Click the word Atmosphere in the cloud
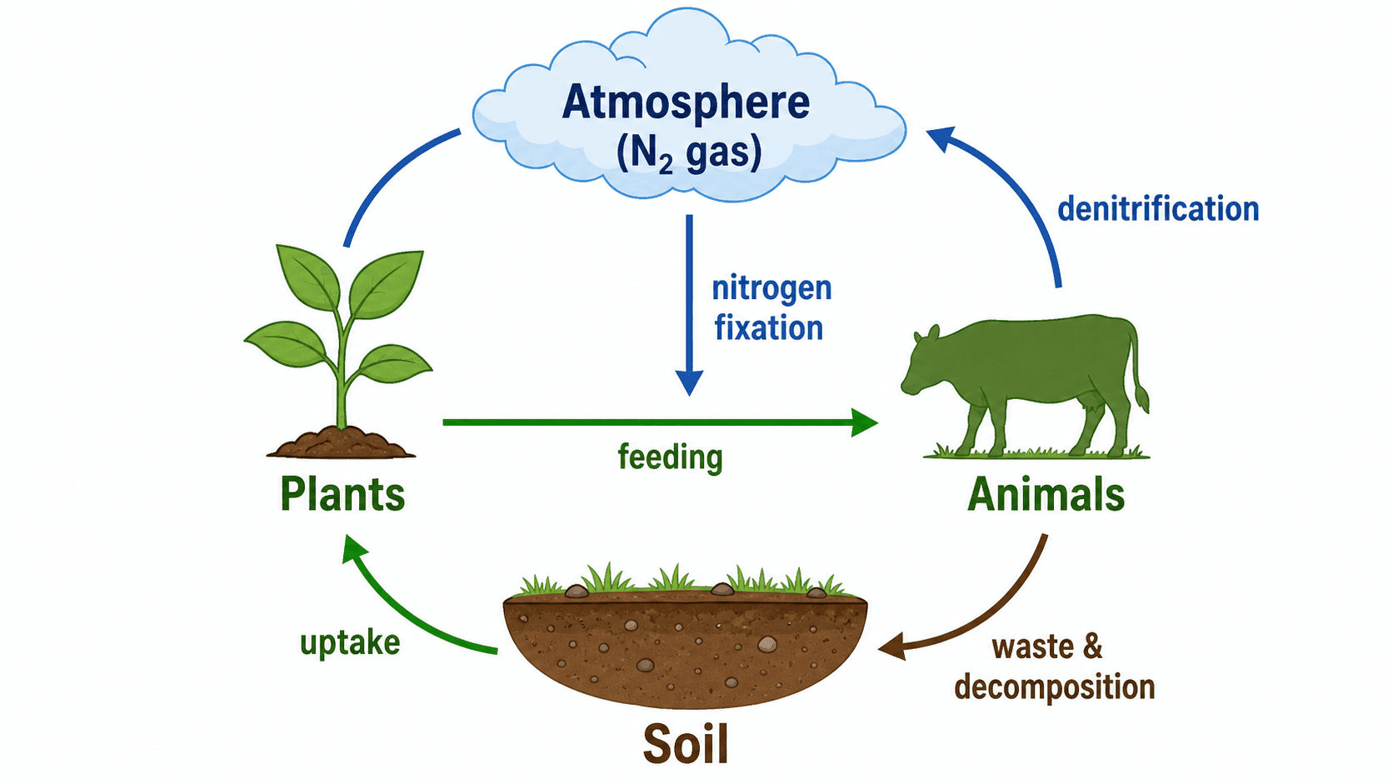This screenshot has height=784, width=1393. pos(686,102)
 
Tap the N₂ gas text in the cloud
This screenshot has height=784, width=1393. pos(689,152)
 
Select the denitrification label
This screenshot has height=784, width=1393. pos(1158,209)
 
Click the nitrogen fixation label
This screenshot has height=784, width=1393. pos(771,308)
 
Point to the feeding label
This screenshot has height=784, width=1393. pos(671,457)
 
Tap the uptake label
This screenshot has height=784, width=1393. pos(349,643)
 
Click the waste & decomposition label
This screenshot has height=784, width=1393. pos(1055,667)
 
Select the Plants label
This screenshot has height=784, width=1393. pos(342,495)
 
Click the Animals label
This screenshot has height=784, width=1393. pos(1046,495)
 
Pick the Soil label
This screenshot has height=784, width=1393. pos(686,744)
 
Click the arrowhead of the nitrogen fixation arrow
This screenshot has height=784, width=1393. pos(689,382)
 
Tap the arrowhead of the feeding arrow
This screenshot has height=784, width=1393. pos(865,422)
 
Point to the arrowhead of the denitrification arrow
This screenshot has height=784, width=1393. pos(940,138)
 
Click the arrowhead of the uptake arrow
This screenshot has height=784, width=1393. pos(353,548)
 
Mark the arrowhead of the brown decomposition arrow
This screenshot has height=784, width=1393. pos(891,647)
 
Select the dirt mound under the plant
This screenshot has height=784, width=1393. pos(341,442)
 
